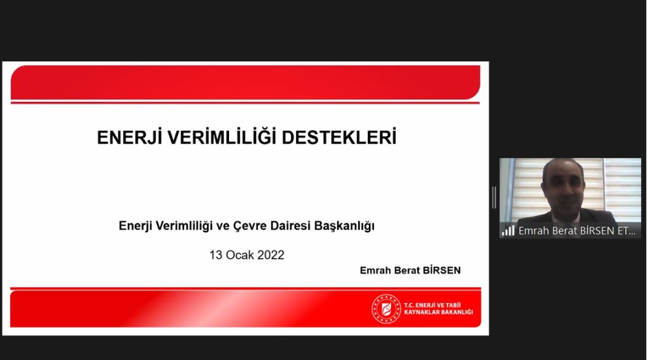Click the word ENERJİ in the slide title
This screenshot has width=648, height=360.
[x=129, y=137]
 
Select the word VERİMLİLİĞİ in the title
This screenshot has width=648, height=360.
[x=221, y=137]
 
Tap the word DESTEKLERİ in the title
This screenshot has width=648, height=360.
[x=339, y=137]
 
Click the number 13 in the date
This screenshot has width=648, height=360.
[x=216, y=255]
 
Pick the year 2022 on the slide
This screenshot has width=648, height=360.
[x=271, y=255]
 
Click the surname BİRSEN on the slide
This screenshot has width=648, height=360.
[x=441, y=270]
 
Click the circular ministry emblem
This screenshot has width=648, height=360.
[x=386, y=309]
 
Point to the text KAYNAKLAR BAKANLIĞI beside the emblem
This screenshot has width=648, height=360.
[x=439, y=313]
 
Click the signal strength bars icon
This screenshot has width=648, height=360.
[x=508, y=230]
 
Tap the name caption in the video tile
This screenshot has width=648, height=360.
[x=577, y=231]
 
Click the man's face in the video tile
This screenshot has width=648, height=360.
[x=563, y=187]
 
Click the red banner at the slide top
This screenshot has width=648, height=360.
[x=246, y=82]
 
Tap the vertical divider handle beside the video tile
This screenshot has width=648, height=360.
[x=494, y=197]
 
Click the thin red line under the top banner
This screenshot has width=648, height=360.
[x=245, y=102]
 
